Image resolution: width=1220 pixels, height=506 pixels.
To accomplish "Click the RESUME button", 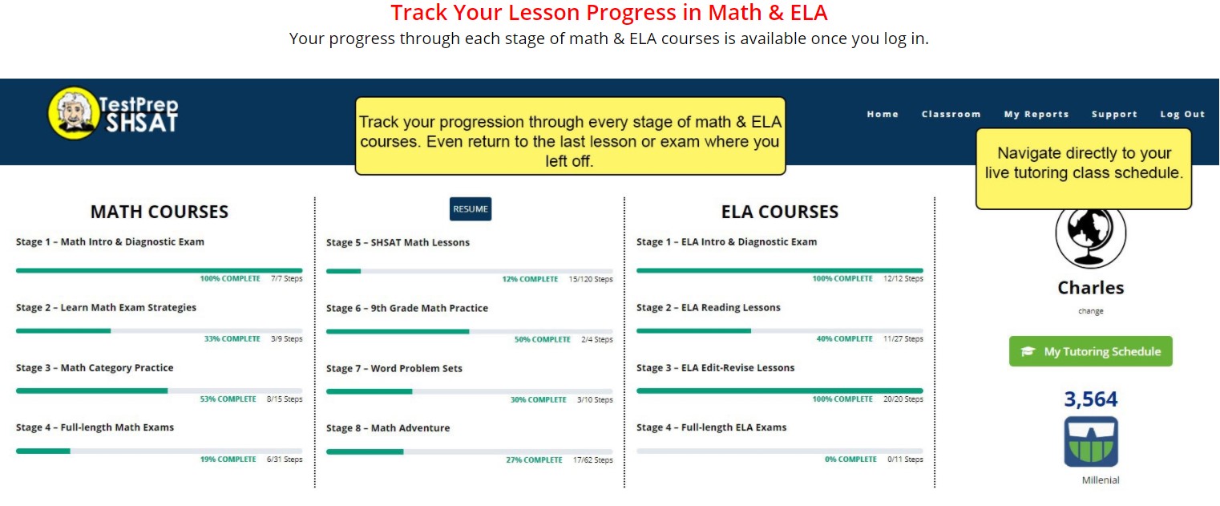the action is (x=471, y=209).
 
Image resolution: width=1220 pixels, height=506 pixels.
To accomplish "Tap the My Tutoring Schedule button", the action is (x=1090, y=351).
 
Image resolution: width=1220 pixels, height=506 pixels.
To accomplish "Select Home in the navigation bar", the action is (x=883, y=115).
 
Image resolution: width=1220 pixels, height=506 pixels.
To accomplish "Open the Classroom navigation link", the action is (x=951, y=115).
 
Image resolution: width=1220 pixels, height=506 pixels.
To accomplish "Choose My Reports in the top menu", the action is (x=1036, y=115).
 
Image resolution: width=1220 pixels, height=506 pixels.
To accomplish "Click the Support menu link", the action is (x=1114, y=115).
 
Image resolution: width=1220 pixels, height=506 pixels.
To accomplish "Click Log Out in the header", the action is (x=1182, y=115).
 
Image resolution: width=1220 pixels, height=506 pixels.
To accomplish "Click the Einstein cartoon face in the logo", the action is (x=74, y=113).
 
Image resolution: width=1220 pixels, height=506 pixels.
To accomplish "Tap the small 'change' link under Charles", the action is (x=1090, y=311).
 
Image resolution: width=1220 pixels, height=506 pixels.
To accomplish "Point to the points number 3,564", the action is (x=1090, y=399).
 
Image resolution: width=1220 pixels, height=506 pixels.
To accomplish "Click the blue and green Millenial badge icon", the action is (x=1091, y=442).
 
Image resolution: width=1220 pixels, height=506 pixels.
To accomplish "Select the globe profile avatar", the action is (x=1090, y=235).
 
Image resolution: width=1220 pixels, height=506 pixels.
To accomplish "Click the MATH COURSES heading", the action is (x=159, y=212).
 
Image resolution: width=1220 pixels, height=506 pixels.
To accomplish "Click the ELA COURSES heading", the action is (x=780, y=212).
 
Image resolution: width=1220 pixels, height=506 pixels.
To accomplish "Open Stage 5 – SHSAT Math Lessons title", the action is (x=398, y=242).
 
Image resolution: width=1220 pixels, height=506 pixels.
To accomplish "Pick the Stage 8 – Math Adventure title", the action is (x=388, y=428).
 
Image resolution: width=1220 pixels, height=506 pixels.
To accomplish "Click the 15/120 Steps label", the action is (x=591, y=279).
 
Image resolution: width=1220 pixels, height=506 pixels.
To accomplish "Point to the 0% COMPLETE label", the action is (x=850, y=459).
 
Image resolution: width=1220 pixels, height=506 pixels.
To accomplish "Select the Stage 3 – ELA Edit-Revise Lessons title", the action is (x=715, y=367).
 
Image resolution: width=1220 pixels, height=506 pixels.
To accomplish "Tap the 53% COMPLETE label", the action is (x=228, y=399).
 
